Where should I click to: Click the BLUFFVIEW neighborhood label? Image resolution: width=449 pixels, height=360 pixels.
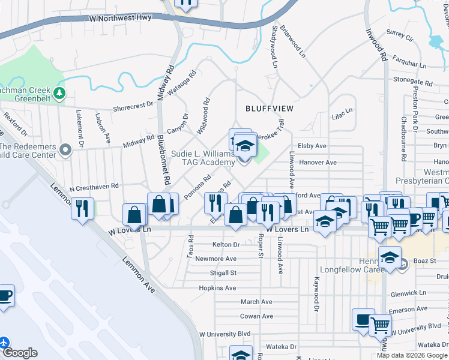(270, 109)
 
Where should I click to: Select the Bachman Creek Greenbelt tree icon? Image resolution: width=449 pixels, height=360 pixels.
(59, 92)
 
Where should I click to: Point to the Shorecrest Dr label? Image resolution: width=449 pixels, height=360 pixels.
(133, 107)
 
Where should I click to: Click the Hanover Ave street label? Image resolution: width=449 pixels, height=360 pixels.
(318, 163)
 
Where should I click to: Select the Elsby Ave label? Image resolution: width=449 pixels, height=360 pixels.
(312, 146)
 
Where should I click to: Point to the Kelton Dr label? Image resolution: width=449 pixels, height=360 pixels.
(226, 245)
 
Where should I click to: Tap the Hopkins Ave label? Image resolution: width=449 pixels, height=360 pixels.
(217, 288)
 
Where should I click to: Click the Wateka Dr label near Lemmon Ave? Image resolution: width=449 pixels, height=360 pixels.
(282, 347)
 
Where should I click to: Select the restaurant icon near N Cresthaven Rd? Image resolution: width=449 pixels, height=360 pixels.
(82, 208)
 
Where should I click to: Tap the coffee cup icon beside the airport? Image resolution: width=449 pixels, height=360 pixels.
(5, 296)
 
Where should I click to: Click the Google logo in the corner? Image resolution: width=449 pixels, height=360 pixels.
(20, 353)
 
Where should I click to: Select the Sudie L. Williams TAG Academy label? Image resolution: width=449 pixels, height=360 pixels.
(203, 158)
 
